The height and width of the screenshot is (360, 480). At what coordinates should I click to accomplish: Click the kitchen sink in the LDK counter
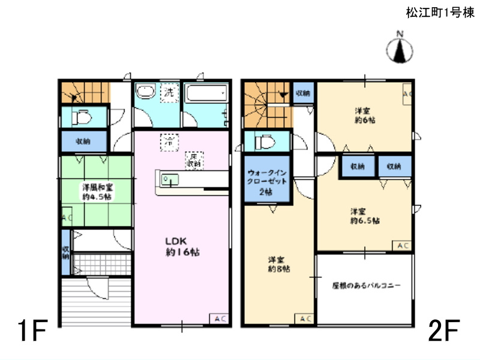pos(169,179)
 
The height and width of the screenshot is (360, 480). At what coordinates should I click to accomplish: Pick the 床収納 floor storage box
pos(193,159)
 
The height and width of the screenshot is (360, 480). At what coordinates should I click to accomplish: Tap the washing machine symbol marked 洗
pos(170,94)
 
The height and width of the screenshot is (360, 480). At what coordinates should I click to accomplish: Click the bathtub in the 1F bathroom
pos(205,94)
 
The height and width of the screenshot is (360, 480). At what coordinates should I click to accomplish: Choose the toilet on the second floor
pos(265,143)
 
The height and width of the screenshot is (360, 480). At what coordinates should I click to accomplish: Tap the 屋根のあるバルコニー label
pos(366,286)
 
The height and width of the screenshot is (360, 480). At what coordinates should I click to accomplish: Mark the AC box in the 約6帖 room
pos(406,94)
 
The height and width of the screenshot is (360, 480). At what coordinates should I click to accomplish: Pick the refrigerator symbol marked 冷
pos(169,143)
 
